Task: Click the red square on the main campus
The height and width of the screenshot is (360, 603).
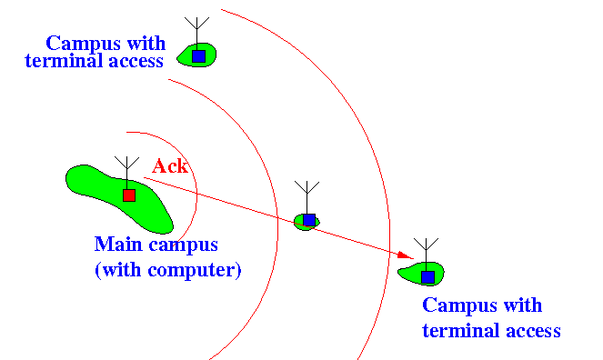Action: [x=129, y=195]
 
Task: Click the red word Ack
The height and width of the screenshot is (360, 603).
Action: [x=170, y=166]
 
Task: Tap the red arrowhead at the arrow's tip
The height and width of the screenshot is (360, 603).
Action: [x=406, y=255]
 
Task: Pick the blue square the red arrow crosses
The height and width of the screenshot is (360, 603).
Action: [x=309, y=220]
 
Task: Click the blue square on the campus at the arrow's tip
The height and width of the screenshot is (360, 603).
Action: [x=428, y=277]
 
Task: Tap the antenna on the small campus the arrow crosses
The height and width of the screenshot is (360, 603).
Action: [x=307, y=197]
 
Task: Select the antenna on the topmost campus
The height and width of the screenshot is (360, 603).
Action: [x=196, y=34]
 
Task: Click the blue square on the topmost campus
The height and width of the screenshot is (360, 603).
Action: [x=199, y=56]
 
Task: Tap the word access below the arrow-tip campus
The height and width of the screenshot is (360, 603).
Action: [x=533, y=331]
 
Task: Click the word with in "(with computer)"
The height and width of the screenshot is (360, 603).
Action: [x=121, y=270]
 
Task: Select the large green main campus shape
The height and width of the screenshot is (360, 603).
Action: [x=120, y=199]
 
